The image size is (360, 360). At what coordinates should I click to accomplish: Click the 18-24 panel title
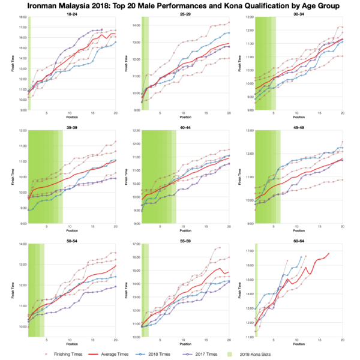click(x=71, y=14)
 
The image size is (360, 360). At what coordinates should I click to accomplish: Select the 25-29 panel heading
click(x=185, y=14)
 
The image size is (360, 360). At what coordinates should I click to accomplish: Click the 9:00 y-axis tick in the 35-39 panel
click(x=22, y=224)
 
